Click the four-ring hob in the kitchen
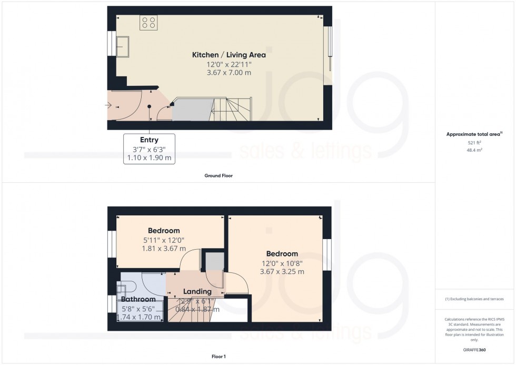pyautogui.click(x=148, y=22)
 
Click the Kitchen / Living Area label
pyautogui.click(x=229, y=55)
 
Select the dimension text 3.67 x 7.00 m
pyautogui.click(x=229, y=73)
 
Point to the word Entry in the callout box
pyautogui.click(x=149, y=140)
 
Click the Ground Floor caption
pyautogui.click(x=219, y=176)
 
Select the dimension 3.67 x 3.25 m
pyautogui.click(x=282, y=272)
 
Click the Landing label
pyautogui.click(x=197, y=291)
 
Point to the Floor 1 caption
pyautogui.click(x=219, y=357)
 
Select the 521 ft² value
pyautogui.click(x=475, y=142)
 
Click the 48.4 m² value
pyautogui.click(x=475, y=150)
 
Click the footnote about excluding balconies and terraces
pyautogui.click(x=474, y=299)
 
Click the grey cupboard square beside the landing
pyautogui.click(x=214, y=262)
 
